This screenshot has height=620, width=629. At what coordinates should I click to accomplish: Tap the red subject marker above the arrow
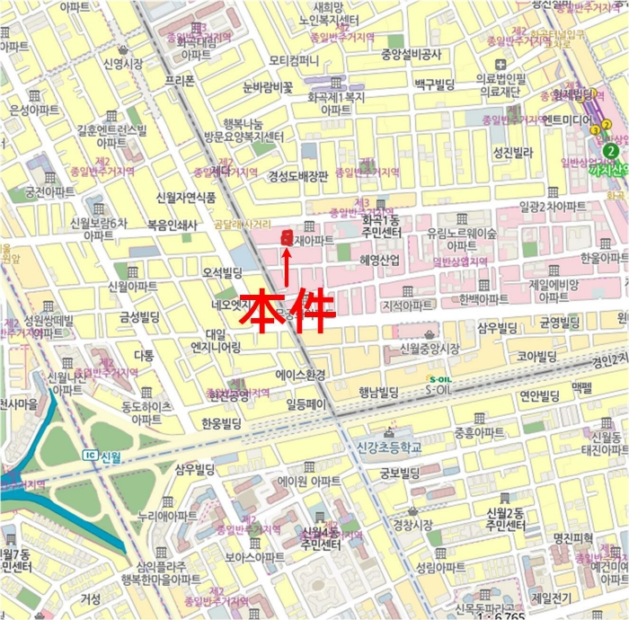287,237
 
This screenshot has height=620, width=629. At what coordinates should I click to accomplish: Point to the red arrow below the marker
287,267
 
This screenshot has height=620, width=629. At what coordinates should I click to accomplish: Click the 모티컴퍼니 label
294,61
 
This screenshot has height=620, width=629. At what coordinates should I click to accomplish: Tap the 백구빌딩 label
434,84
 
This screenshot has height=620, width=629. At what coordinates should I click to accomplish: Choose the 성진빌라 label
513,154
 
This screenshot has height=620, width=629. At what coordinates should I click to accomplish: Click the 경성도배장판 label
297,177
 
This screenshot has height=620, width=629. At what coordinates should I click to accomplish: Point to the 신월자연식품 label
186,197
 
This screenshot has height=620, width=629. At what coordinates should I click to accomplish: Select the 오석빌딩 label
224,272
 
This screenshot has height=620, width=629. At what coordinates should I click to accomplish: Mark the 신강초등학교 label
388,447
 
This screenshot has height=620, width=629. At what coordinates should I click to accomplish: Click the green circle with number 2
612,150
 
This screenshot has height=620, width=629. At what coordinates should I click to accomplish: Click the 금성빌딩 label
134,316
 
